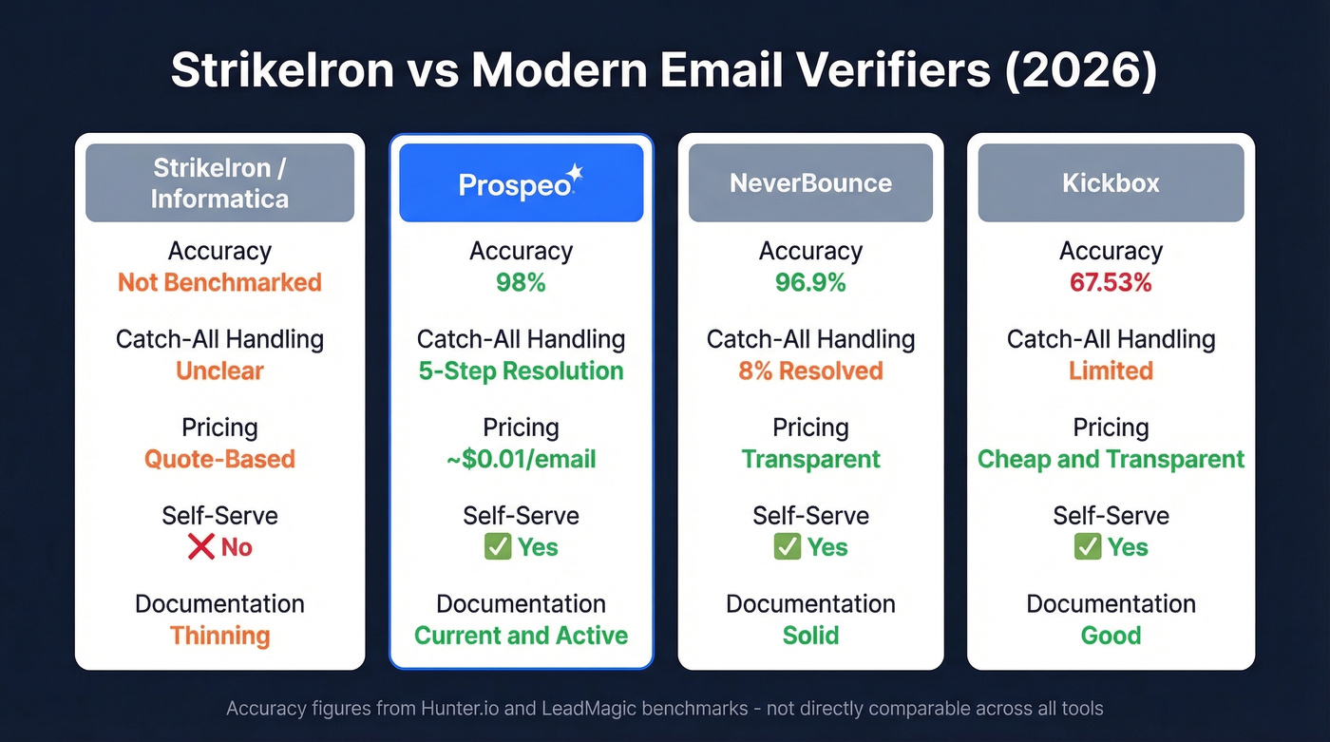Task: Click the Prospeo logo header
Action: point(521,182)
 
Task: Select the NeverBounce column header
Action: point(810,182)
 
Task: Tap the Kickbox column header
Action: point(1111,182)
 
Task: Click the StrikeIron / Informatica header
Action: point(219,182)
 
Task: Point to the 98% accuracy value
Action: point(521,282)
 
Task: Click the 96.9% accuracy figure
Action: point(810,282)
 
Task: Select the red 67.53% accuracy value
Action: point(1111,282)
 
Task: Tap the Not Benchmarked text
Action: point(219,282)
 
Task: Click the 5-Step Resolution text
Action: point(521,371)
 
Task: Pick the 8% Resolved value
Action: point(810,371)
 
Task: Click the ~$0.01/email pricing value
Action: point(521,459)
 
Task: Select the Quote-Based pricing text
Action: point(219,459)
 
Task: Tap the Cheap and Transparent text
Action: point(1111,459)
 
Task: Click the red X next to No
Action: point(200,547)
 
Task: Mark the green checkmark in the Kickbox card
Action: point(1087,547)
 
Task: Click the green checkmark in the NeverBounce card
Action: point(787,547)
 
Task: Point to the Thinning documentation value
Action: point(219,636)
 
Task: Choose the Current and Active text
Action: point(521,636)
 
